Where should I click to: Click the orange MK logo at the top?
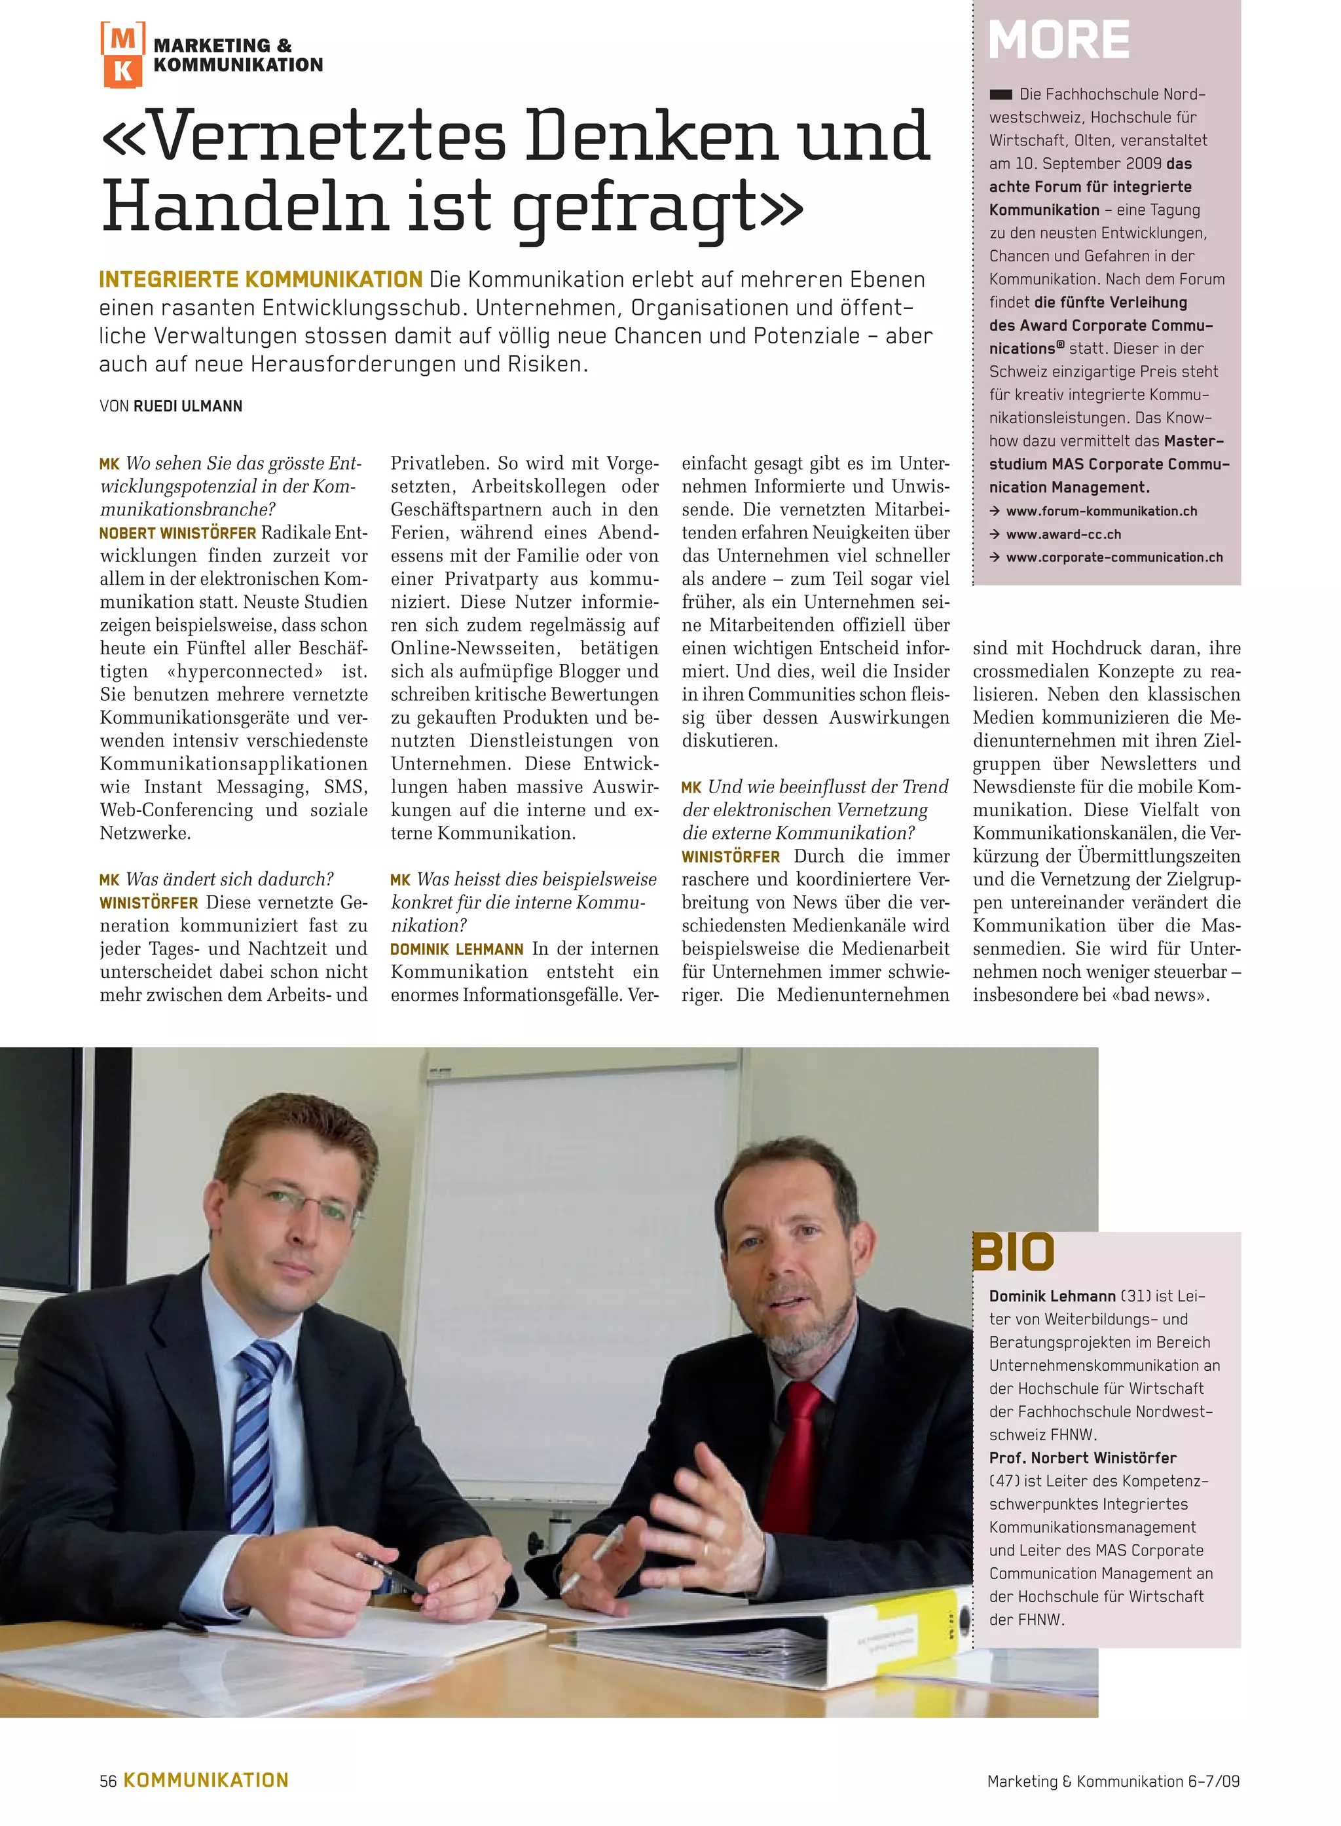tap(122, 54)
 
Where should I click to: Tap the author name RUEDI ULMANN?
tap(187, 406)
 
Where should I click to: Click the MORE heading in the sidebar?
tap(1059, 40)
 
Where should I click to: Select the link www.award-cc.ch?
tap(1063, 534)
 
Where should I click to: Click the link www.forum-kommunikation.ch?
tap(1101, 512)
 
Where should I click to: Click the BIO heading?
tap(1013, 1253)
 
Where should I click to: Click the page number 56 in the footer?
tap(108, 1781)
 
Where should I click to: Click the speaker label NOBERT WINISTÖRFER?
tap(177, 533)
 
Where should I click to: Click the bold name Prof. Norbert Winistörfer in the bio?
tap(1082, 1457)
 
